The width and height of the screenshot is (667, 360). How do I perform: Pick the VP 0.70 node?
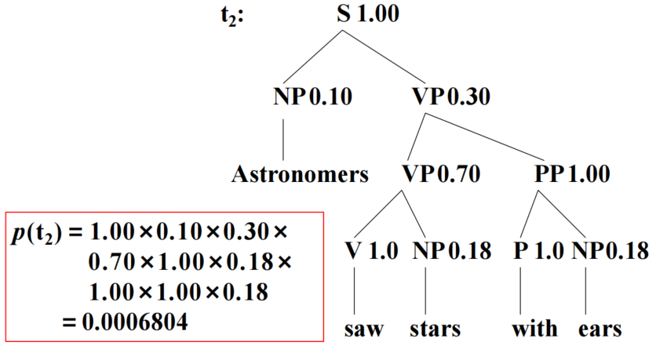[x=442, y=173]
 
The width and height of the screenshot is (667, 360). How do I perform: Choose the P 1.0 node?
[x=539, y=251]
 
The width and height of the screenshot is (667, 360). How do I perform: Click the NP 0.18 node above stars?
[x=450, y=251]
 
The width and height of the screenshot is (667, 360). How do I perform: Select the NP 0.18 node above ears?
[x=610, y=251]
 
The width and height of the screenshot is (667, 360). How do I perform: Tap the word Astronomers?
[x=299, y=173]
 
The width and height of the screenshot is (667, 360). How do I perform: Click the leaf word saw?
[x=364, y=328]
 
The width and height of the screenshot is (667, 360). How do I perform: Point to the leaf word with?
[x=534, y=328]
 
